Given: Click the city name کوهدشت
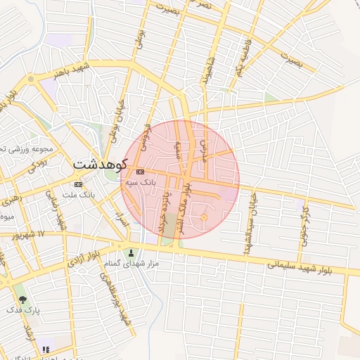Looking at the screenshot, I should tap(100, 165).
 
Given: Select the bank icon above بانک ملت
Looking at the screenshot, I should tap(78, 184).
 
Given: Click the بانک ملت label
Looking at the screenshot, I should tap(79, 193).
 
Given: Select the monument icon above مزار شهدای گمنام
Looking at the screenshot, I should tap(129, 253).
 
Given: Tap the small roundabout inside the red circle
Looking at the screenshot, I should tap(204, 218).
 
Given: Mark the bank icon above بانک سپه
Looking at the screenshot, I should tap(140, 172).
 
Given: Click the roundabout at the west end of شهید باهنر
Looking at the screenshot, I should tap(30, 79).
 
